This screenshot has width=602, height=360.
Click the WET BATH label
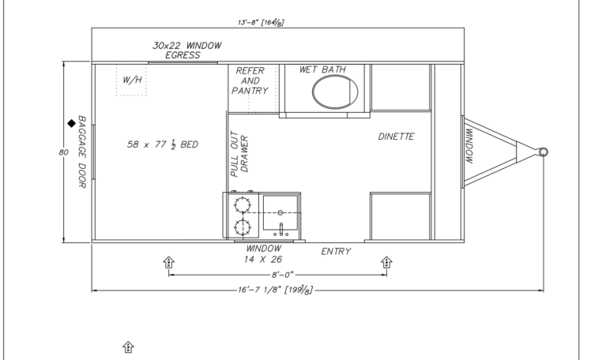[322, 69]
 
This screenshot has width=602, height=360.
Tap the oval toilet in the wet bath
[335, 92]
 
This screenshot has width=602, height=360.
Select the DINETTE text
[396, 137]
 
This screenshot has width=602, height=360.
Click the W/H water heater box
[131, 80]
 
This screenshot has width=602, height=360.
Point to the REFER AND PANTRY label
[250, 81]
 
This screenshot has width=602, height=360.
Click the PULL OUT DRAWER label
[239, 154]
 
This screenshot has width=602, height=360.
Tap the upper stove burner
[243, 205]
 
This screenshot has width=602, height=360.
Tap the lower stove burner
[243, 227]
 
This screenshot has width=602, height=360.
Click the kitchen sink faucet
[281, 230]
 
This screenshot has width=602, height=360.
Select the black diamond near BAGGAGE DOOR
[71, 123]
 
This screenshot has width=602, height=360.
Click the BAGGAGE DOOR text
[82, 152]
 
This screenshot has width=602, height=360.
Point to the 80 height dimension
[63, 152]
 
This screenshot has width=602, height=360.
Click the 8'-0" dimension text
[282, 275]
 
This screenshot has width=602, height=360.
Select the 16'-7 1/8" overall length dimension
[275, 290]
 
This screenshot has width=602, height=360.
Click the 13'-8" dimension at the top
[261, 22]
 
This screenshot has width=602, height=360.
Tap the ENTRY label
[336, 251]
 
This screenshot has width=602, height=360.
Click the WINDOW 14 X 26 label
[263, 254]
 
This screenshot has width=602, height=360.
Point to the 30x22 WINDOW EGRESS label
[187, 51]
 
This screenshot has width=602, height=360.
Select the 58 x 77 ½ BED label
[163, 144]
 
